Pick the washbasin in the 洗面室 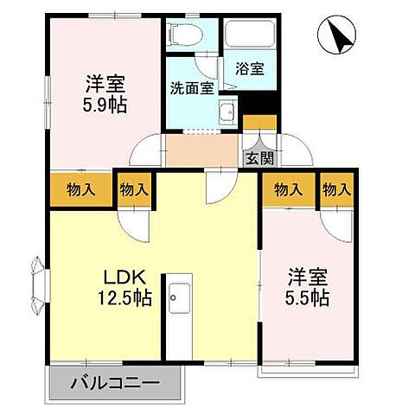227,112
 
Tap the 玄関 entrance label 259,157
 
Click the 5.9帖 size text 105,106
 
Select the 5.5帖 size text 308,298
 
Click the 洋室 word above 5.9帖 105,86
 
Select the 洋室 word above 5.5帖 308,278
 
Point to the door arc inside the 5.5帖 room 337,223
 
